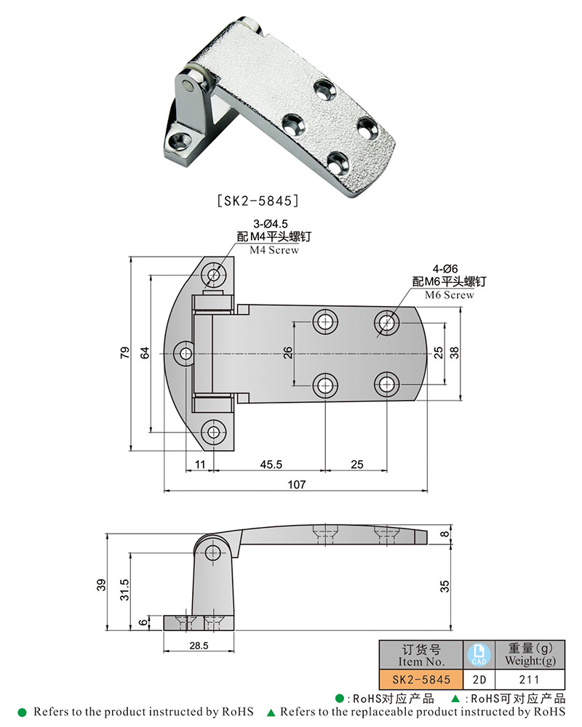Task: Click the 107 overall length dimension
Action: [x=297, y=483]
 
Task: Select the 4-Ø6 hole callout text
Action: [x=447, y=269]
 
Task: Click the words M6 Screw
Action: [x=450, y=295]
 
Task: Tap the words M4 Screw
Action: [x=274, y=250]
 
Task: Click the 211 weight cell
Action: [x=530, y=679]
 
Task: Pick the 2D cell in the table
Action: [x=479, y=679]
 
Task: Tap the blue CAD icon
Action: [x=479, y=654]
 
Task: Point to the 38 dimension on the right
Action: [x=454, y=353]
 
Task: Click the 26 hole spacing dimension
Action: [x=288, y=353]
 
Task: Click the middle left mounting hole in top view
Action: [x=186, y=353]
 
